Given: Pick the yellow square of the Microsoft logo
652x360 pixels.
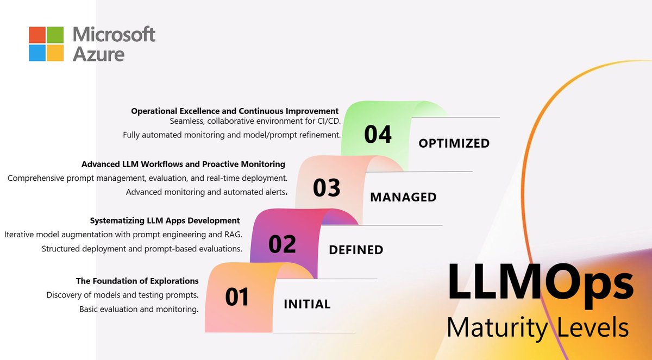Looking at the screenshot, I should (54, 53).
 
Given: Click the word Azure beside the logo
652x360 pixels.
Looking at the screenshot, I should (98, 54).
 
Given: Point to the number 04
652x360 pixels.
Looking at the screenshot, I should (378, 134).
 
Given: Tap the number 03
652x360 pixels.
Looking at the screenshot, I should (327, 188).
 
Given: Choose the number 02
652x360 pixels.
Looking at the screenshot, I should (282, 244).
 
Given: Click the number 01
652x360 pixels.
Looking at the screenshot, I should (237, 297).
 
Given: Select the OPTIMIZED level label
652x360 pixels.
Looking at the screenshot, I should (454, 143).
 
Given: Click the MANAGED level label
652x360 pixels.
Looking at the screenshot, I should (403, 197).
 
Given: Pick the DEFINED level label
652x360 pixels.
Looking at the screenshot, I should (356, 250).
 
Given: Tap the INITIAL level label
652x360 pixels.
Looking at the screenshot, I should (307, 304).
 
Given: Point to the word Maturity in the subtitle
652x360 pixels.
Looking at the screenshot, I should (490, 328).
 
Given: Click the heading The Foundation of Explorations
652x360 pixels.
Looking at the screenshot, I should (137, 281).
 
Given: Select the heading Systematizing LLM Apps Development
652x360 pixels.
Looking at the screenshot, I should (165, 220).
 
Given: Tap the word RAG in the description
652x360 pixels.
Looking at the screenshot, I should (231, 235).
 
